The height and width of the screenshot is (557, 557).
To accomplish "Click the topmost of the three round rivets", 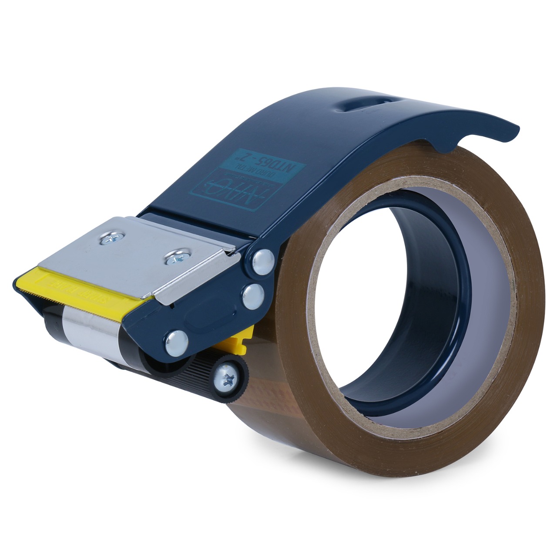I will (x=263, y=261).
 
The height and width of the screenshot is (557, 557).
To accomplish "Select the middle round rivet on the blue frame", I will (x=253, y=296).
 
